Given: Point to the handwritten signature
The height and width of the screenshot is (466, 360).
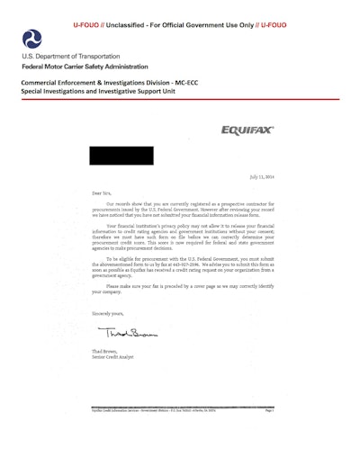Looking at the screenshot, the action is pyautogui.click(x=125, y=335).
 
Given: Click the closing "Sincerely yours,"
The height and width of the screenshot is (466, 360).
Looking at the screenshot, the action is pyautogui.click(x=109, y=312).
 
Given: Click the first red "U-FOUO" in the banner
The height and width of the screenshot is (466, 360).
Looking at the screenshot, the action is pyautogui.click(x=87, y=7).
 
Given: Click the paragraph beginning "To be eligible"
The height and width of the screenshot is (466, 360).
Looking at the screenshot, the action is pyautogui.click(x=180, y=267).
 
